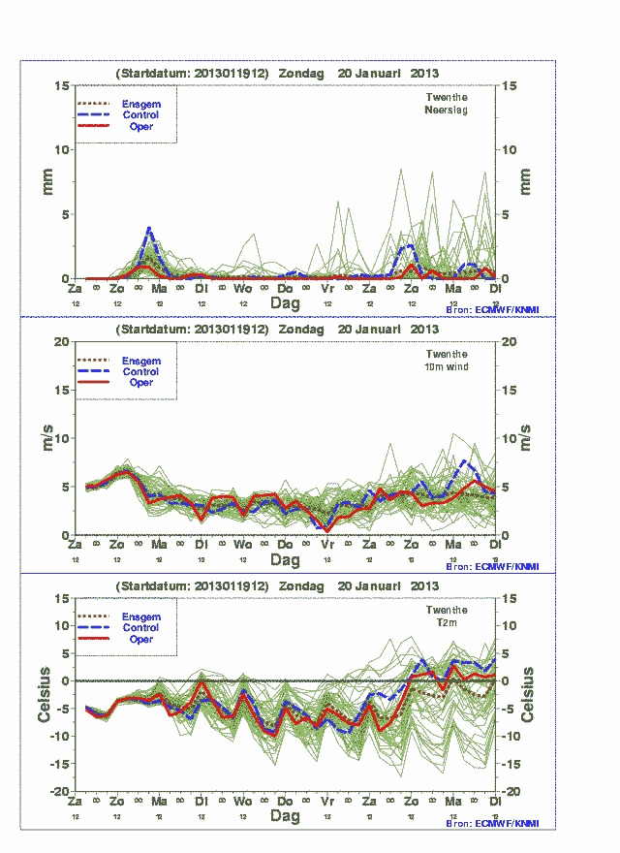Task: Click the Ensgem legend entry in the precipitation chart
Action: pos(141,104)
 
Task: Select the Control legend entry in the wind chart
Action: pos(141,371)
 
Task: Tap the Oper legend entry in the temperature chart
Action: pos(141,640)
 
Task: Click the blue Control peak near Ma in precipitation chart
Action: pos(148,229)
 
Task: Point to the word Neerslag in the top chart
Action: pos(447,111)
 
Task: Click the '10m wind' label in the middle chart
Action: pos(447,366)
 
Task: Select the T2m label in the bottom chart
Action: pos(447,622)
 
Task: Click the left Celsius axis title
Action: pos(45,695)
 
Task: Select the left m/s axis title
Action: pos(45,438)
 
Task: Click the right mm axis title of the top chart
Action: pos(526,181)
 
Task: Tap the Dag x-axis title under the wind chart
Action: pos(285,560)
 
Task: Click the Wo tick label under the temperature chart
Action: pos(242,802)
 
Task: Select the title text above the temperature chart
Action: pos(277,586)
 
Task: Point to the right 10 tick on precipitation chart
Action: pos(509,149)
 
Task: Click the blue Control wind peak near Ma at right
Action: pos(466,461)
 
